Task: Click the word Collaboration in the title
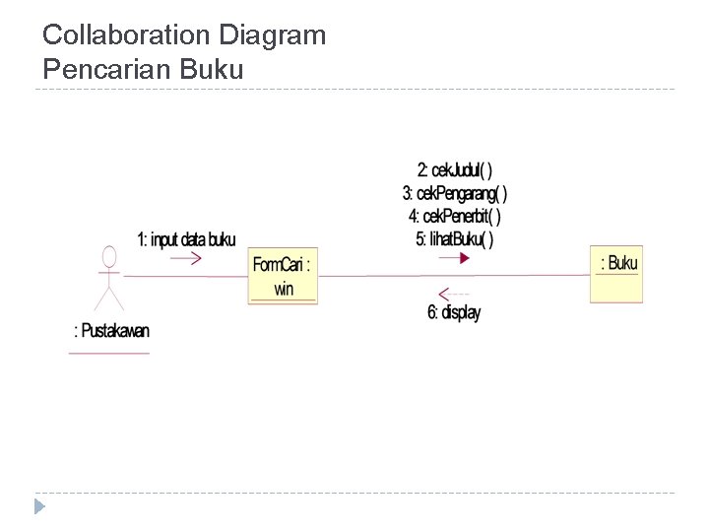127,36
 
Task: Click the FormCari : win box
283,275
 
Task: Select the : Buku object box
616,273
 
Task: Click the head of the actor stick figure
109,256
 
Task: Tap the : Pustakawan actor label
111,332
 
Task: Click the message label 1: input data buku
186,238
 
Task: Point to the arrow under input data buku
185,258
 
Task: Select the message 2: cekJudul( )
454,170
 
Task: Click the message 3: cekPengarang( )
454,193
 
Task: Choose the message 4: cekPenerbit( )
454,216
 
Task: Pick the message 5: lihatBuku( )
454,237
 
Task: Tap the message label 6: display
454,313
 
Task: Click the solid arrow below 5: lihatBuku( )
454,257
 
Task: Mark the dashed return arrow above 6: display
454,294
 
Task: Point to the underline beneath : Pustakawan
109,352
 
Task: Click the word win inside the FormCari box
284,290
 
